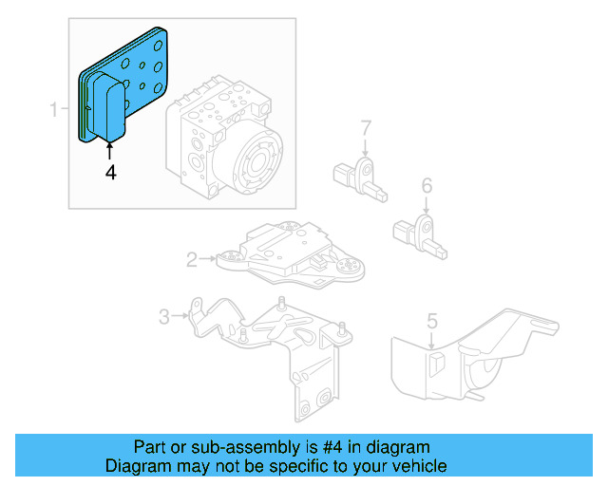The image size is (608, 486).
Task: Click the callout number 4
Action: pyautogui.click(x=111, y=173)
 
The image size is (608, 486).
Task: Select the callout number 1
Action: pyautogui.click(x=54, y=111)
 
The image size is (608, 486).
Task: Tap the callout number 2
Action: pyautogui.click(x=191, y=258)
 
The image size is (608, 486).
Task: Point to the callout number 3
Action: pyautogui.click(x=163, y=316)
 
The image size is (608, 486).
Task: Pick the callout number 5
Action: pyautogui.click(x=432, y=321)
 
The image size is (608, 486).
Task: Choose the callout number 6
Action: pyautogui.click(x=427, y=185)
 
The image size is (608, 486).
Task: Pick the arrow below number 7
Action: pyautogui.click(x=365, y=147)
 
